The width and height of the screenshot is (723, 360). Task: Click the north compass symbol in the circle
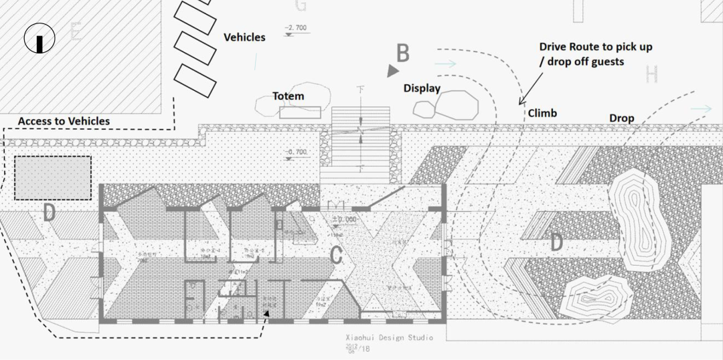39,39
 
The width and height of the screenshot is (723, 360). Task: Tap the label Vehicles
244,37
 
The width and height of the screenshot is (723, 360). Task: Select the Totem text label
288,96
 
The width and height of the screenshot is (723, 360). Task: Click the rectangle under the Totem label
299,112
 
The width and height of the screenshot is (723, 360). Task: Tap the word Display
422,88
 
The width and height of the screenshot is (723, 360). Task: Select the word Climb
542,113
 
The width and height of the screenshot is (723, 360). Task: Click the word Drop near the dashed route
621,118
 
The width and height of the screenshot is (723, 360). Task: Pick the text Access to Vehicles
64,121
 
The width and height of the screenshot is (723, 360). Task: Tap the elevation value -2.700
295,28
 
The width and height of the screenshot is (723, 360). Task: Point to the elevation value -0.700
296,153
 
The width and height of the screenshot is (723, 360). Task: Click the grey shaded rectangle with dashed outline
52,178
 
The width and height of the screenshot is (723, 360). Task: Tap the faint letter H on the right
652,74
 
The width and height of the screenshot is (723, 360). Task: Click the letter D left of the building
49,213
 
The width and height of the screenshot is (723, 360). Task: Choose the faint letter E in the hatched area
76,31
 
